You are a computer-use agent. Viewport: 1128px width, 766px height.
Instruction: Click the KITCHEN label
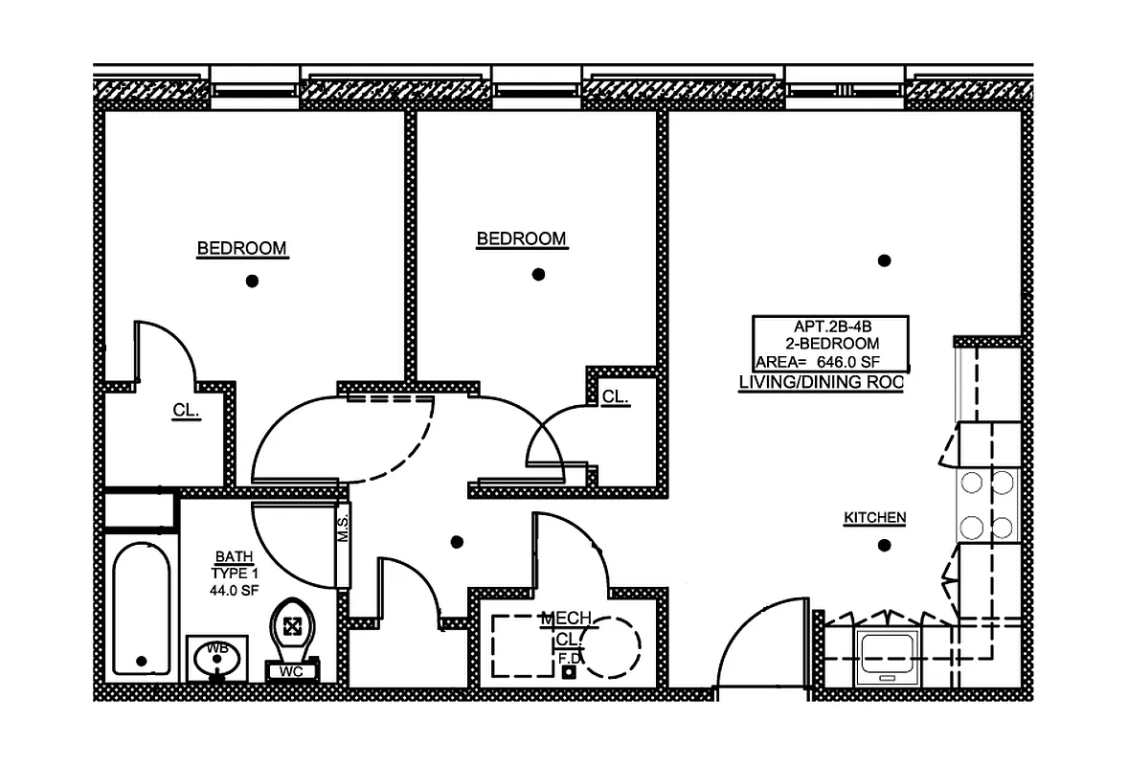point(874,518)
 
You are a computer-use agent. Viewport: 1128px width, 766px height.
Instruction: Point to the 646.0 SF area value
point(847,362)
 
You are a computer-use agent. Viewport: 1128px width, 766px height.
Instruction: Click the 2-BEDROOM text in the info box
point(829,343)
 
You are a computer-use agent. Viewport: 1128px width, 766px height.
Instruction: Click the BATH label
point(234,556)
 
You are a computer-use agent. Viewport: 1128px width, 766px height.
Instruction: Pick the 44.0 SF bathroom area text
point(234,591)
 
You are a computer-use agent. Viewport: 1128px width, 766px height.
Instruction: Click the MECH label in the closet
point(565,619)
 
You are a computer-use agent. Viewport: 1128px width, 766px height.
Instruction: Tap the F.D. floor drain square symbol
point(570,672)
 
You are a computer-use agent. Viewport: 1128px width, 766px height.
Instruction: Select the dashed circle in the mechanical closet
point(611,647)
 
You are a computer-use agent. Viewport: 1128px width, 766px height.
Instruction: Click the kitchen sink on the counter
point(889,657)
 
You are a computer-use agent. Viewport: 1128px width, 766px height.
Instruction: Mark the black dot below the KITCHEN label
point(884,546)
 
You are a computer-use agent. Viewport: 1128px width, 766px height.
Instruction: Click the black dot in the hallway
point(457,542)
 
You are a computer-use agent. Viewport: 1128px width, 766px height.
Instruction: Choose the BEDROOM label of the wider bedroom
point(241,249)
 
